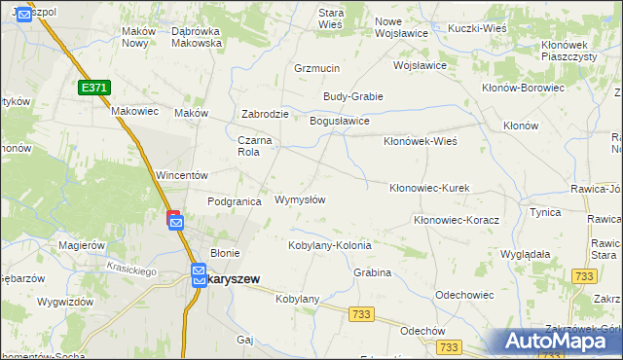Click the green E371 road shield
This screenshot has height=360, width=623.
click(x=94, y=88)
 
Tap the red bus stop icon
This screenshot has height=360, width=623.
click(x=173, y=215)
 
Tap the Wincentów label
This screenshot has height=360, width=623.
click(x=182, y=176)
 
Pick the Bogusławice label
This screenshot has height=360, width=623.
click(x=339, y=122)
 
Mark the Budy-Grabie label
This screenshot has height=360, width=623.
click(x=353, y=96)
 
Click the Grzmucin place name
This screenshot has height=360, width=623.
click(x=316, y=69)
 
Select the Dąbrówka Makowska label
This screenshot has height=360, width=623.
click(x=197, y=37)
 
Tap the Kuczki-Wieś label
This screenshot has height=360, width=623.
click(x=478, y=28)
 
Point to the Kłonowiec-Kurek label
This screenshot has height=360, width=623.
click(x=430, y=187)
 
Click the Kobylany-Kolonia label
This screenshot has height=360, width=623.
click(x=330, y=245)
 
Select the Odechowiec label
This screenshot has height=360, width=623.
click(x=467, y=294)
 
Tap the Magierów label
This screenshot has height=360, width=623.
click(x=81, y=246)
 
